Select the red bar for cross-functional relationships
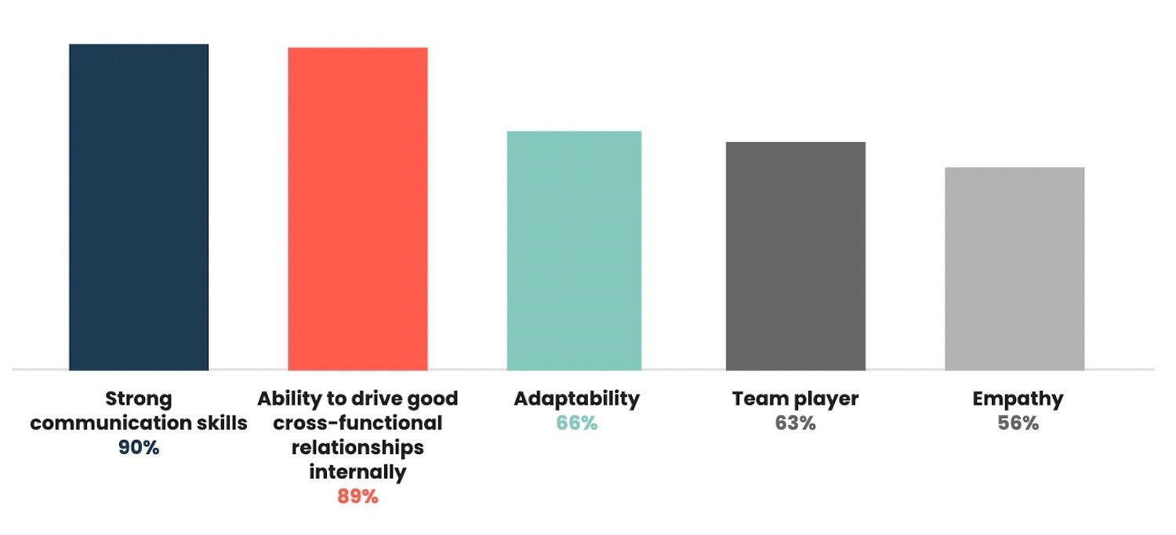pyautogui.click(x=358, y=209)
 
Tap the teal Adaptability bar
pyautogui.click(x=574, y=250)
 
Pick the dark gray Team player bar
pyautogui.click(x=795, y=256)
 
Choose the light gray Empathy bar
pyautogui.click(x=1014, y=268)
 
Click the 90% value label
pyautogui.click(x=139, y=449)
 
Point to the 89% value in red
pyautogui.click(x=358, y=497)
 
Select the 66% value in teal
pyautogui.click(x=576, y=424)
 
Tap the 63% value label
pyautogui.click(x=795, y=424)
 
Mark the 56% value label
pyautogui.click(x=1018, y=424)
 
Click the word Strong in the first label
pyautogui.click(x=139, y=399)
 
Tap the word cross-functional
pyautogui.click(x=358, y=424)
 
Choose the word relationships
pyautogui.click(x=358, y=448)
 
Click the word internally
pyautogui.click(x=358, y=473)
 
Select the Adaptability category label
pyautogui.click(x=576, y=399)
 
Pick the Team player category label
pyautogui.click(x=795, y=399)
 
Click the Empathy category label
pyautogui.click(x=1018, y=399)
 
